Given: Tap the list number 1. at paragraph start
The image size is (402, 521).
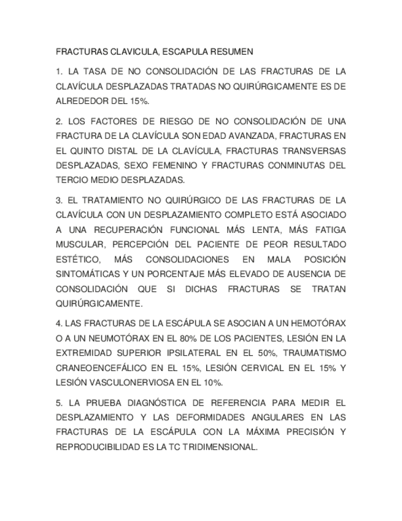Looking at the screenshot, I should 59,71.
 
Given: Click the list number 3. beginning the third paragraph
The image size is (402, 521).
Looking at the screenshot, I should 59,200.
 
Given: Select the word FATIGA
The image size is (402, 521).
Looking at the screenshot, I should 329,230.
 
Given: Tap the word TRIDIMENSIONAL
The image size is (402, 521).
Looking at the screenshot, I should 217,447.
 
